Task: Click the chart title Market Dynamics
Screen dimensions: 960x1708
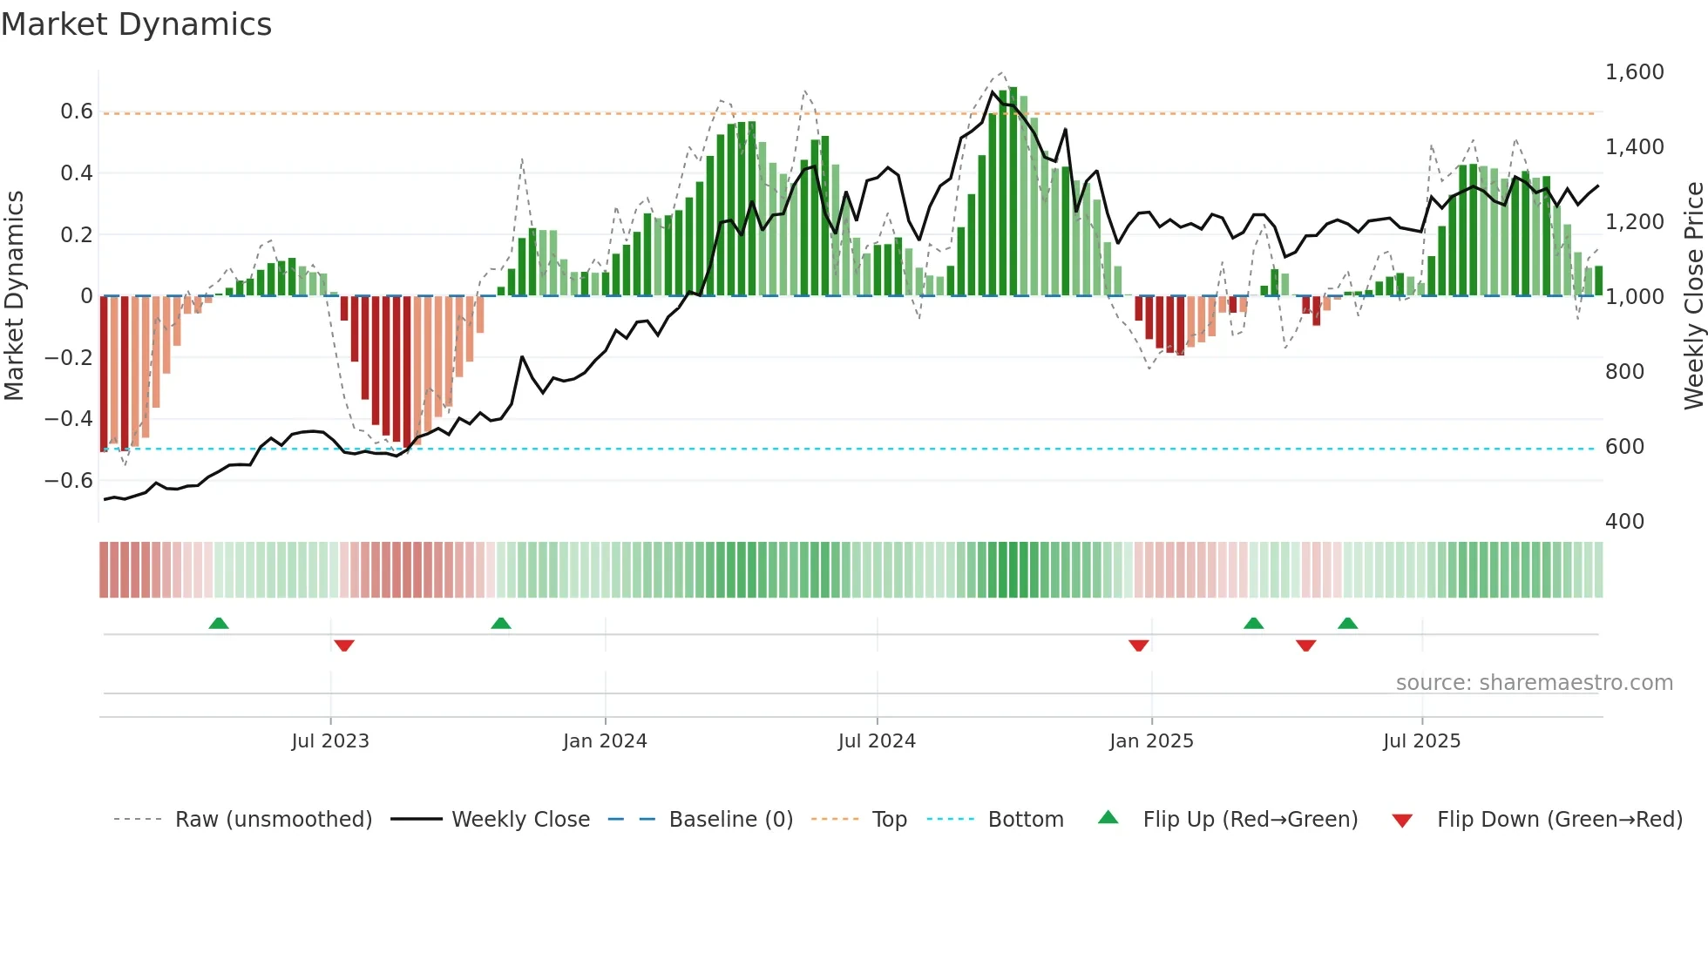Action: click(x=136, y=24)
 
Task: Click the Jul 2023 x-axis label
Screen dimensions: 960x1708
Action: click(x=330, y=741)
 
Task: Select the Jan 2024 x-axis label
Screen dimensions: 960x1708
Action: click(x=605, y=741)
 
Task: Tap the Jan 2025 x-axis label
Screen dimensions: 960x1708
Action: click(x=1151, y=741)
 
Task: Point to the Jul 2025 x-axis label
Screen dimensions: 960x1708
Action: click(x=1421, y=741)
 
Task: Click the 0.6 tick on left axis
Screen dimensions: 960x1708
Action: click(x=77, y=112)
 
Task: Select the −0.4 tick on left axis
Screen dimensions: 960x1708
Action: click(x=69, y=419)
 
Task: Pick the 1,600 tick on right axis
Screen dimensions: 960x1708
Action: click(x=1634, y=72)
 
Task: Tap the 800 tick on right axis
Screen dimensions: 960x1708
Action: click(x=1624, y=372)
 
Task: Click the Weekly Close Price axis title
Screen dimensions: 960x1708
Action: click(x=1693, y=296)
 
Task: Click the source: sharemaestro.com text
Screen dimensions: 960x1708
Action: click(x=1534, y=683)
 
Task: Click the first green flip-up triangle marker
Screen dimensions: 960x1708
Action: click(x=219, y=624)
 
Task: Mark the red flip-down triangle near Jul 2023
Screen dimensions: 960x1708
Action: click(x=344, y=646)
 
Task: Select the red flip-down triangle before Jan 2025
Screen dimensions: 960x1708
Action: click(x=1138, y=646)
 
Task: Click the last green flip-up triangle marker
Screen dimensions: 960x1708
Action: click(x=1347, y=624)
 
